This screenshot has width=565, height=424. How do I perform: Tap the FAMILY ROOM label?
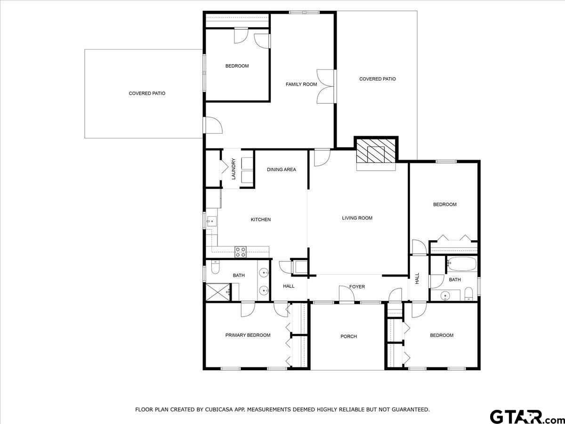301,84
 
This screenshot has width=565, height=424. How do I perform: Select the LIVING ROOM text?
357,218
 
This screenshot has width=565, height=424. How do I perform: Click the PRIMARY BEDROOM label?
248,335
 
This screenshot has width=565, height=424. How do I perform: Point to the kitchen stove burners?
241,252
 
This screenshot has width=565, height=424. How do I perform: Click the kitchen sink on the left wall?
211,221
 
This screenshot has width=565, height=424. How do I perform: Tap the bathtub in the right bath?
462,264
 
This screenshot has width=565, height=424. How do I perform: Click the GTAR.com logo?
523,416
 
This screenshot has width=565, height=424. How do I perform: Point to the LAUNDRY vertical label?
234,169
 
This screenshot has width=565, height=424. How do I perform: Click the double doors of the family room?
325,86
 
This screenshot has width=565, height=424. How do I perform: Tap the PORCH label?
348,336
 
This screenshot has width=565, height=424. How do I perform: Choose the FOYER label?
357,286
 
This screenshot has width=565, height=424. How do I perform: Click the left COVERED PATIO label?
147,93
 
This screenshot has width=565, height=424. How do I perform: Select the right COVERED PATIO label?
377,79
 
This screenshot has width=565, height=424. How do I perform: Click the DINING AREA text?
282,170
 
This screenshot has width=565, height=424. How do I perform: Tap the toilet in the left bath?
215,268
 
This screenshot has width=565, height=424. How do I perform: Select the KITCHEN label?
260,220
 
